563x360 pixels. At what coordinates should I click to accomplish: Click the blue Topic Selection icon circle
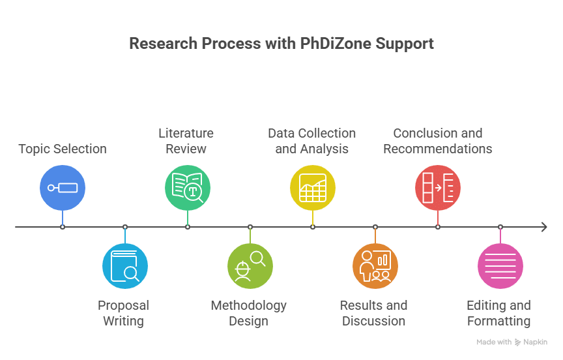pyautogui.click(x=63, y=188)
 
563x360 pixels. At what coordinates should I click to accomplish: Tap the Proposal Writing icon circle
pyautogui.click(x=125, y=266)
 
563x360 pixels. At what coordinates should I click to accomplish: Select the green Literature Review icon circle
pyautogui.click(x=188, y=188)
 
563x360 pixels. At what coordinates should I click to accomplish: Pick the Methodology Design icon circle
pyautogui.click(x=250, y=266)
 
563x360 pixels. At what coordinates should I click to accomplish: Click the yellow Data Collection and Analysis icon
pyautogui.click(x=313, y=188)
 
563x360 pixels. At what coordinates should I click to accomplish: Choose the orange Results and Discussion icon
pyautogui.click(x=375, y=266)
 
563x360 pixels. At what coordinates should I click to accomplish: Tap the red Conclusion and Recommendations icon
pyautogui.click(x=438, y=188)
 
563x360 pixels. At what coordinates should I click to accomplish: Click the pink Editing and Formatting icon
pyautogui.click(x=500, y=266)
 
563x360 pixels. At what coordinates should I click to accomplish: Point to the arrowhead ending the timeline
pyautogui.click(x=543, y=227)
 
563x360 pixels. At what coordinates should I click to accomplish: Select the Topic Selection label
pyautogui.click(x=63, y=149)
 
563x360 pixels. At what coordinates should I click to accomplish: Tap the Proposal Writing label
pyautogui.click(x=123, y=313)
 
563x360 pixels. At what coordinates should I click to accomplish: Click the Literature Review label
pyautogui.click(x=186, y=141)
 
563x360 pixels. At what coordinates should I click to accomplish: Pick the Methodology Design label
pyautogui.click(x=248, y=313)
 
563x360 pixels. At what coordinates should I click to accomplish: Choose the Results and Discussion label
pyautogui.click(x=373, y=313)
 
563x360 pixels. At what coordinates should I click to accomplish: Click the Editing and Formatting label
pyautogui.click(x=498, y=313)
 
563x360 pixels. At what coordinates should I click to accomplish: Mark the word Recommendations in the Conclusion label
pyautogui.click(x=438, y=149)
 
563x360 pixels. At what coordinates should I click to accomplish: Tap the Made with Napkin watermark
pyautogui.click(x=512, y=342)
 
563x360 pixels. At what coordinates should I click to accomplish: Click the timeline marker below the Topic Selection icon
pyautogui.click(x=63, y=227)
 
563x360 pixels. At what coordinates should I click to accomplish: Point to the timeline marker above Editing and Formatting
pyautogui.click(x=500, y=227)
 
